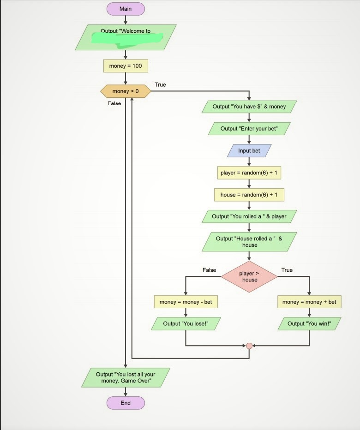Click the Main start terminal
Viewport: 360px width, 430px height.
click(126, 9)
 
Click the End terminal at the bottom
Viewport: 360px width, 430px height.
click(126, 403)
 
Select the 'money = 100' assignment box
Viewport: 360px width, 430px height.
click(126, 66)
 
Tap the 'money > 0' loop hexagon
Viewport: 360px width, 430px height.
click(126, 91)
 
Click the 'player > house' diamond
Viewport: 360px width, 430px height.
click(249, 277)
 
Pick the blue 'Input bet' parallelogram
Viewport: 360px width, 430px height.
click(249, 150)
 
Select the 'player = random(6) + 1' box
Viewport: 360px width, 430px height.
click(249, 173)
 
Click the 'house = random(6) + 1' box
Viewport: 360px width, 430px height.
click(249, 195)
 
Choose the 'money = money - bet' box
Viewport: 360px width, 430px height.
click(186, 302)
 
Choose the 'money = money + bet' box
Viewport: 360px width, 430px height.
click(309, 302)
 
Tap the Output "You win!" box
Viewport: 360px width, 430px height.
click(309, 323)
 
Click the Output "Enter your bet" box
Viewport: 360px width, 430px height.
click(249, 128)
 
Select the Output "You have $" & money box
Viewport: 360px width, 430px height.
click(249, 107)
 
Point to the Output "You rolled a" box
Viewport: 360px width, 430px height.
click(249, 216)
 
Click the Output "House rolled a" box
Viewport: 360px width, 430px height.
click(249, 242)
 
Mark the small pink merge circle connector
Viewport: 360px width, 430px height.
click(249, 346)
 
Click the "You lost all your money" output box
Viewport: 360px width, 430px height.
click(126, 377)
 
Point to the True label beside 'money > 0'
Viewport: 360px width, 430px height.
click(160, 85)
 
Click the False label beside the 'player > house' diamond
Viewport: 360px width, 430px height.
click(209, 270)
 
